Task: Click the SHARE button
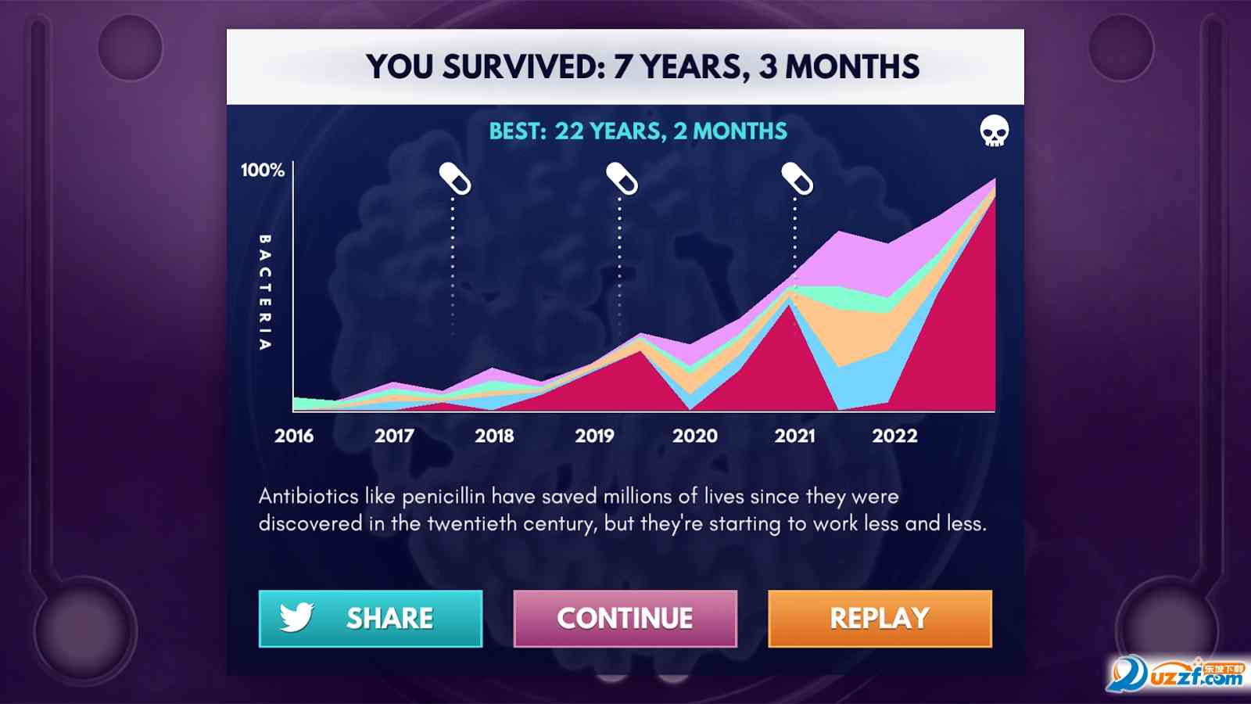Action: coord(371,619)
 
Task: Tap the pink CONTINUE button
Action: coord(625,619)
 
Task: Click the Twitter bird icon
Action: coord(296,617)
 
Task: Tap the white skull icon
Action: coord(994,131)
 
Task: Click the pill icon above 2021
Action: coord(797,179)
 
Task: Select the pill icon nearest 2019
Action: coord(622,179)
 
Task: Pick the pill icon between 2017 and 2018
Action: coord(454,179)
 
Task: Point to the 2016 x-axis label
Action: coord(294,436)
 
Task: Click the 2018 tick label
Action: coord(494,436)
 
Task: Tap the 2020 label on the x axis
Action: coord(695,436)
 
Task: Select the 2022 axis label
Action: coord(894,436)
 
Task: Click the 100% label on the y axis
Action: coord(263,170)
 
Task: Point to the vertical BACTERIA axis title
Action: coord(265,293)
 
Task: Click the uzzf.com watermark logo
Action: coord(1176,675)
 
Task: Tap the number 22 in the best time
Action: coord(569,131)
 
